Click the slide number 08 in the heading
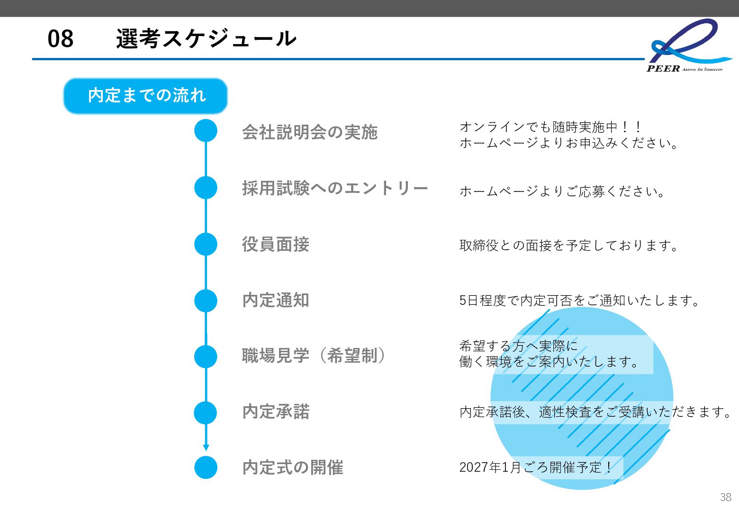click(x=61, y=38)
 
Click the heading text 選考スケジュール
click(x=206, y=38)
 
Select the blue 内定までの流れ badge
click(x=145, y=96)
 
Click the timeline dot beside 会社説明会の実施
click(x=206, y=131)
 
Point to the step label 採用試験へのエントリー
click(x=335, y=188)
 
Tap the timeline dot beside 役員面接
click(x=206, y=244)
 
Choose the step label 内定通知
click(x=276, y=300)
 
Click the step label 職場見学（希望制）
click(x=313, y=356)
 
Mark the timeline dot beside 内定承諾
click(x=206, y=412)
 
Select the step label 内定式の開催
click(x=293, y=467)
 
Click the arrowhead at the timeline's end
click(x=206, y=448)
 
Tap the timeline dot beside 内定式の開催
click(x=206, y=467)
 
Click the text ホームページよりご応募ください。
click(x=563, y=192)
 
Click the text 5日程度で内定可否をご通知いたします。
click(x=580, y=301)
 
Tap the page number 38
click(x=725, y=497)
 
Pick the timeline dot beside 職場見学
click(x=206, y=357)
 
